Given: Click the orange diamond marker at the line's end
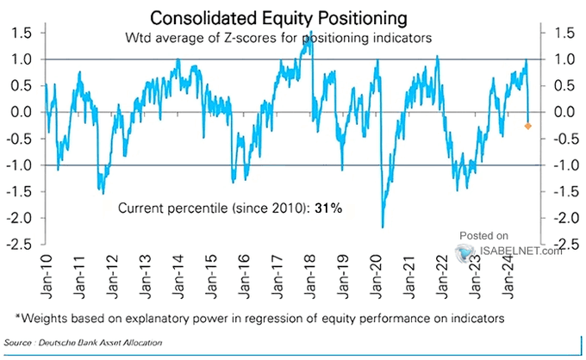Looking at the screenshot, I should click(x=527, y=127).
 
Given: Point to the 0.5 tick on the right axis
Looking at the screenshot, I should click(x=563, y=86).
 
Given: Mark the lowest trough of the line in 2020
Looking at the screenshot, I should click(x=382, y=227).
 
